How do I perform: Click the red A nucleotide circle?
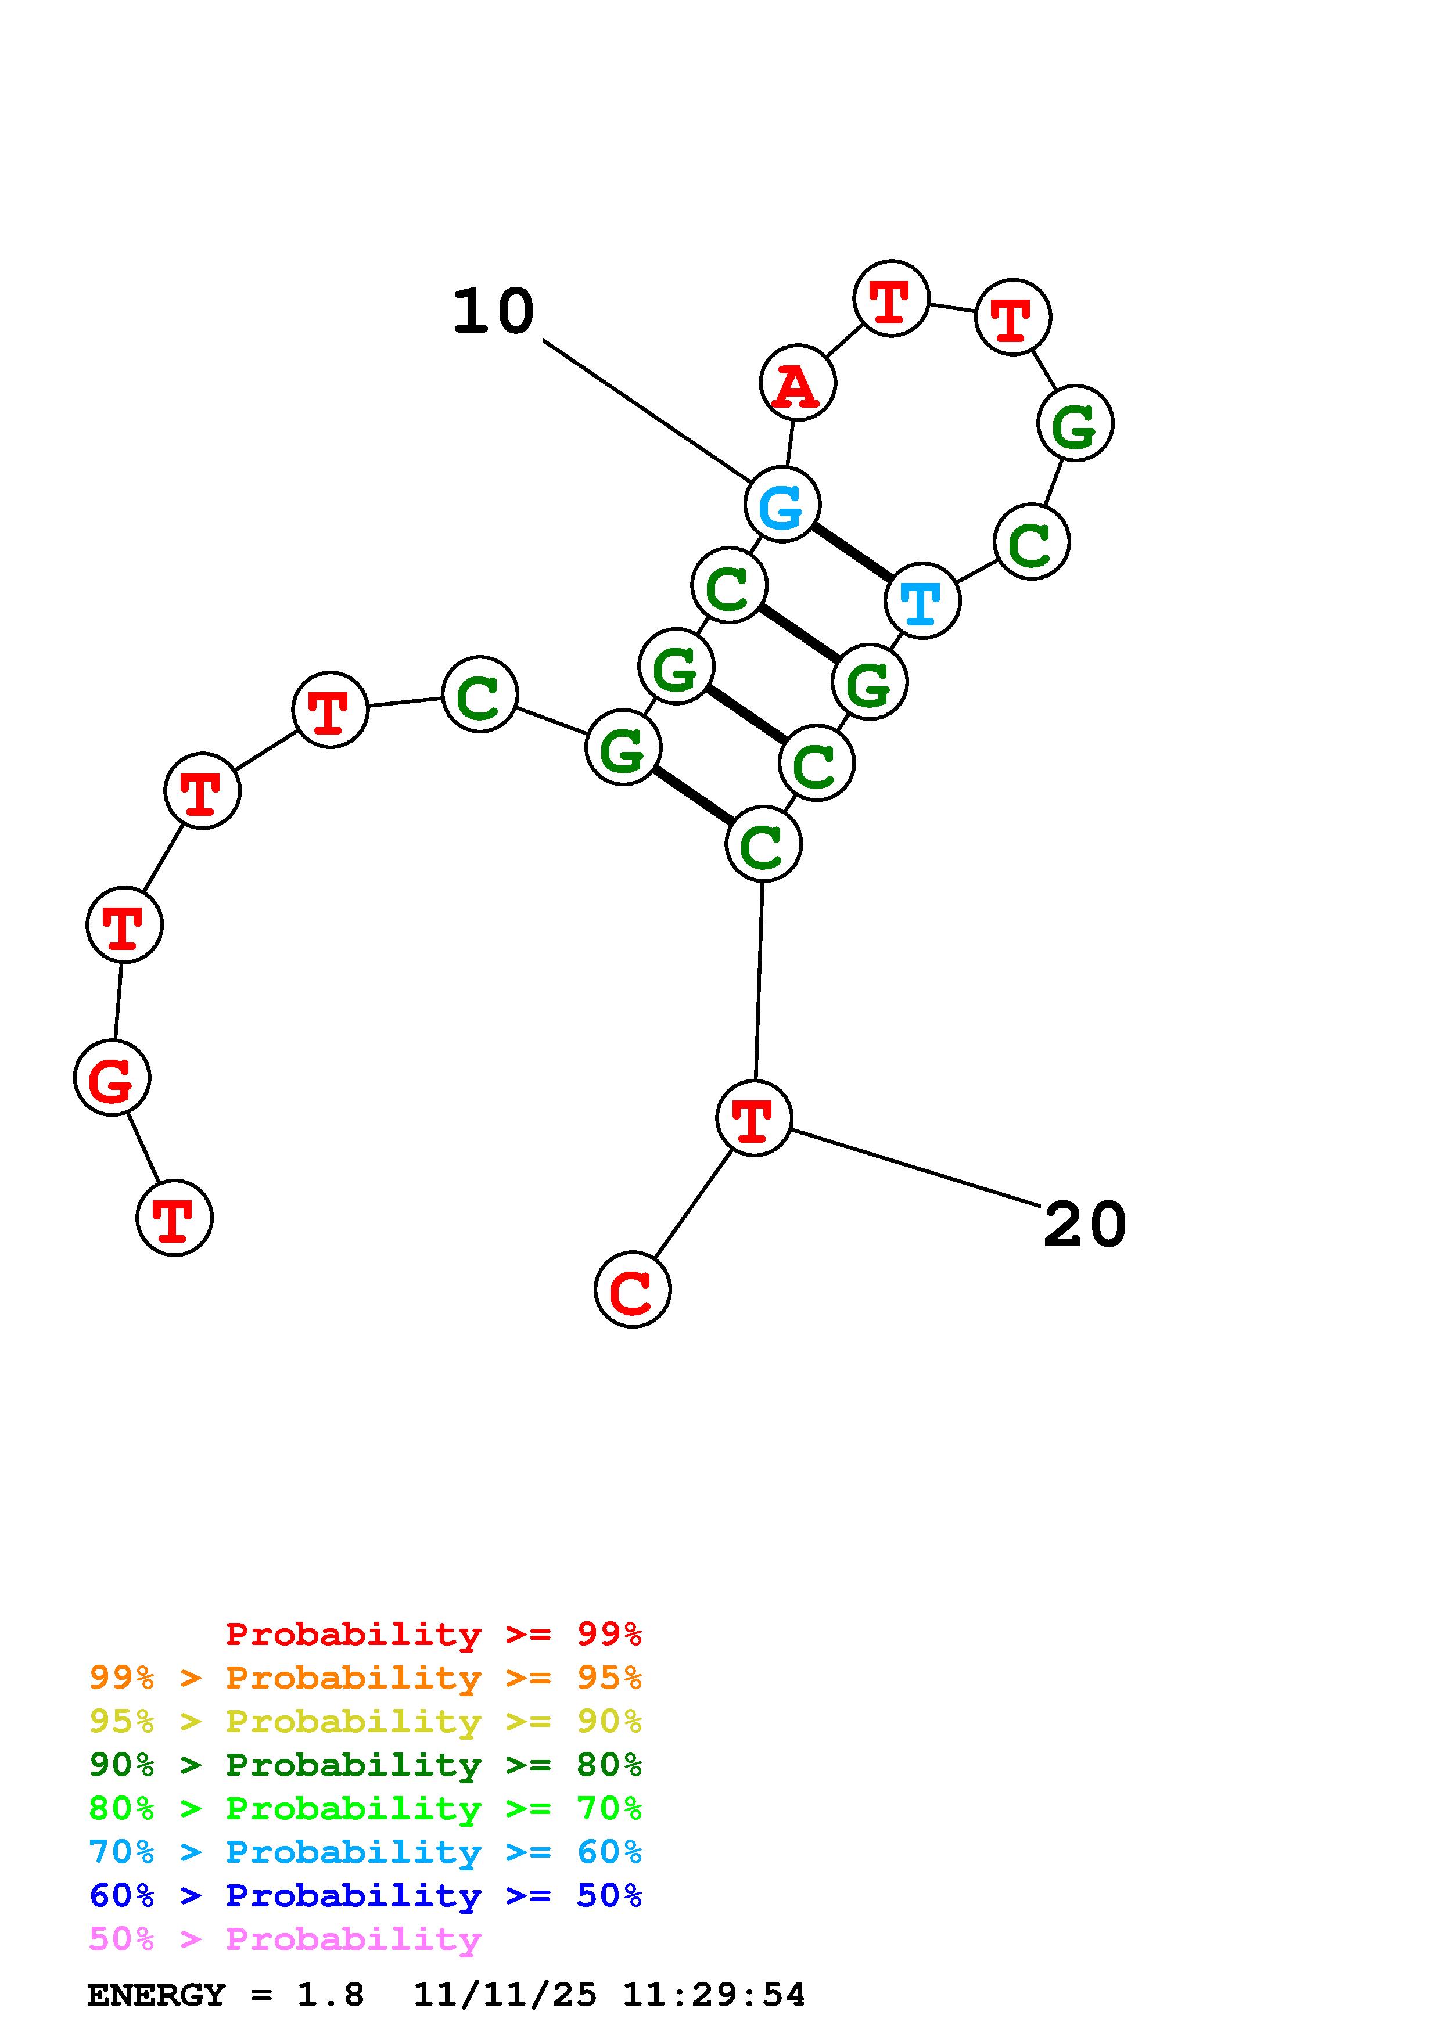coord(797,383)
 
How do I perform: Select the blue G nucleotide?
coord(782,504)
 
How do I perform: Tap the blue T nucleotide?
coord(922,600)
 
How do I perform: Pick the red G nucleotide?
coord(112,1078)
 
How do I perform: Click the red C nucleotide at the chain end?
coord(632,1290)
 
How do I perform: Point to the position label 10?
coord(493,312)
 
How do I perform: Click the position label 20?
coord(1085,1225)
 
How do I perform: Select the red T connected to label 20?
coord(753,1118)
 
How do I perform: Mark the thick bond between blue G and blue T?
coord(852,552)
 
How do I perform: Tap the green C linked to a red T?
coord(479,694)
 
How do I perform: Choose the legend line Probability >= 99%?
coord(433,1633)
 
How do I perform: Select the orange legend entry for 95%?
coord(365,1678)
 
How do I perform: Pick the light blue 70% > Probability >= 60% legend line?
coord(365,1852)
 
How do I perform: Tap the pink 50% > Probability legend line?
coord(284,1938)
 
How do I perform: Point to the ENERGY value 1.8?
coord(330,1995)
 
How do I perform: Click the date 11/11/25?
coord(505,1995)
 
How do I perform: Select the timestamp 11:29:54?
coord(713,1995)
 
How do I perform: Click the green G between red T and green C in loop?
coord(1075,423)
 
